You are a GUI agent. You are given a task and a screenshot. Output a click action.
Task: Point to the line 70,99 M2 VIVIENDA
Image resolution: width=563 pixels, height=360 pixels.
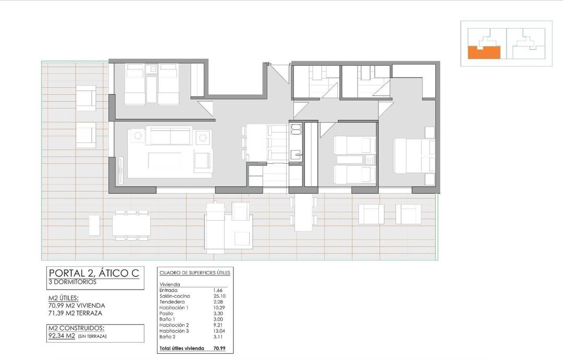(77, 305)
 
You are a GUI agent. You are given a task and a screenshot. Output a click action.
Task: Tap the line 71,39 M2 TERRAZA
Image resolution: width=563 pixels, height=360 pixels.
(76, 313)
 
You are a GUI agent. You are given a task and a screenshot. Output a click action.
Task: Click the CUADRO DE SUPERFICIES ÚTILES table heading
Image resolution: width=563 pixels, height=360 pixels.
(194, 272)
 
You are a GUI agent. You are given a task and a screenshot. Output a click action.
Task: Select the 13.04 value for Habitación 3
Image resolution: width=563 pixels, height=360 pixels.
(219, 331)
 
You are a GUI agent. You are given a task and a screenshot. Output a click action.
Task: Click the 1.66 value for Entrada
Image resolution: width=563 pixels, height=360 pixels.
(218, 290)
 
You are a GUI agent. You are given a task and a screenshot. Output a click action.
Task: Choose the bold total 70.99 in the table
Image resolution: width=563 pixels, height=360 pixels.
(219, 348)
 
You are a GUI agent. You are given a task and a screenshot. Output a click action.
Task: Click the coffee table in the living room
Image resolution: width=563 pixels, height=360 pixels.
(164, 160)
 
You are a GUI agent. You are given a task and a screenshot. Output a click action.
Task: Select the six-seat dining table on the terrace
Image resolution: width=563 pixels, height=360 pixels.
(131, 226)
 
